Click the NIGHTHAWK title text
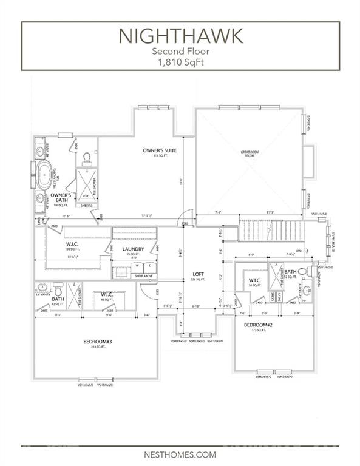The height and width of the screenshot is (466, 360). [x=180, y=36]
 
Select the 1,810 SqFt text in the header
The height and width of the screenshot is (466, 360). [x=180, y=62]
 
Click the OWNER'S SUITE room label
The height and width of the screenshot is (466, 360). [x=160, y=150]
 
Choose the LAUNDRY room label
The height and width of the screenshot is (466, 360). [x=132, y=249]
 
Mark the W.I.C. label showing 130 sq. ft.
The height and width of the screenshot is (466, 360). [x=73, y=245]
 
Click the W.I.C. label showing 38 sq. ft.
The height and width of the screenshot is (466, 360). [x=254, y=280]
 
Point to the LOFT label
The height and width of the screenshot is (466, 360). [x=197, y=274]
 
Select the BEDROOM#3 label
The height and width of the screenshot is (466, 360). [x=95, y=342]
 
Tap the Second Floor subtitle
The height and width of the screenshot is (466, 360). [x=180, y=52]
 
